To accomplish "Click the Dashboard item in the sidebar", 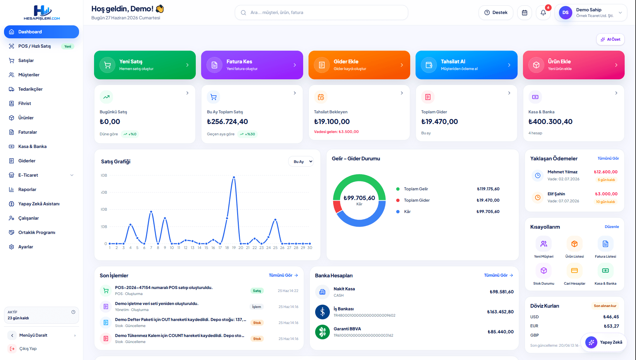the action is point(41,32).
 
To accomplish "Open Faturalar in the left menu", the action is point(28,132).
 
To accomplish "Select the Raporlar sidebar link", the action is point(27,189).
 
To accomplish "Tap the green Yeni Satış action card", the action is point(145,65).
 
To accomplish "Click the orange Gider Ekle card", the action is point(359,65).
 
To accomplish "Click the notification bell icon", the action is point(543,13).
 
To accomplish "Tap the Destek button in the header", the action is point(496,13).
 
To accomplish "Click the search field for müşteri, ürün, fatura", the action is point(321,13).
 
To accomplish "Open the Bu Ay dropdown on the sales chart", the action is point(301,162).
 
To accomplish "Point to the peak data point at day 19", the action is point(234,177).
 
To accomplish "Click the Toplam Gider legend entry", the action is point(417,200).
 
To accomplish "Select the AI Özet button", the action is point(610,39).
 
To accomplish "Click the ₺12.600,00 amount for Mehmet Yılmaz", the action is point(606,172).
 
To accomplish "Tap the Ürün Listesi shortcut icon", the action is point(574,244).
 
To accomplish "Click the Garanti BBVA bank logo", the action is point(323,332).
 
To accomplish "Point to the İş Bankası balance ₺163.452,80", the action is point(500,312).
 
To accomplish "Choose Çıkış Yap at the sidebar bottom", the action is point(28,349).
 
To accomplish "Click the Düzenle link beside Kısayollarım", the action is point(612,227).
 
